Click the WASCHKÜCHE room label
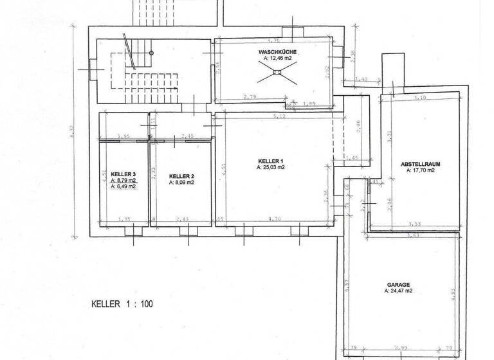click(x=277, y=51)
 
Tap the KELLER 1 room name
click(x=271, y=161)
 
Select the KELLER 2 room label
click(x=181, y=175)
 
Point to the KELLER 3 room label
click(x=123, y=174)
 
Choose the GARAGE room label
click(x=399, y=284)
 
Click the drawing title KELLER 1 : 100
click(x=123, y=304)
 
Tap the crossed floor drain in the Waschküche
click(x=277, y=73)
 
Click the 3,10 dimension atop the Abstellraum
click(x=420, y=98)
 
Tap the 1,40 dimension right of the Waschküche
click(x=361, y=79)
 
